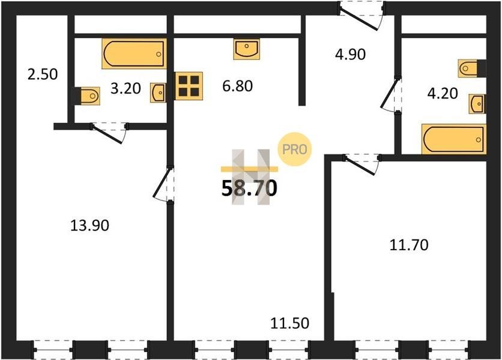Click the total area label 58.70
(x=249, y=188)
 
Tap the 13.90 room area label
(x=89, y=226)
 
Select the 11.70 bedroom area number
(x=409, y=245)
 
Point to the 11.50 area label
(x=290, y=323)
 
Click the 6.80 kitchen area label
(x=238, y=86)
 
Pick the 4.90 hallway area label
(x=350, y=55)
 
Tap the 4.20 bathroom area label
(x=443, y=94)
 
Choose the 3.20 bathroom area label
(x=125, y=89)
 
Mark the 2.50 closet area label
(x=43, y=74)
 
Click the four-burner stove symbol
(x=189, y=86)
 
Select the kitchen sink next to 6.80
(x=247, y=49)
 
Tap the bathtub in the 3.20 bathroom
(x=134, y=54)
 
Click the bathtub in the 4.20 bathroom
(x=454, y=139)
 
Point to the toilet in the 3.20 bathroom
(x=86, y=95)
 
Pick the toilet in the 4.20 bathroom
(x=472, y=68)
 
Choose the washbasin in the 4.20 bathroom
(x=477, y=104)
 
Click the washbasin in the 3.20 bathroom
(x=158, y=93)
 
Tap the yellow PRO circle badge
(x=294, y=149)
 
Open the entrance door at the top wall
(x=361, y=16)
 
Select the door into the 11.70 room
(x=361, y=164)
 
